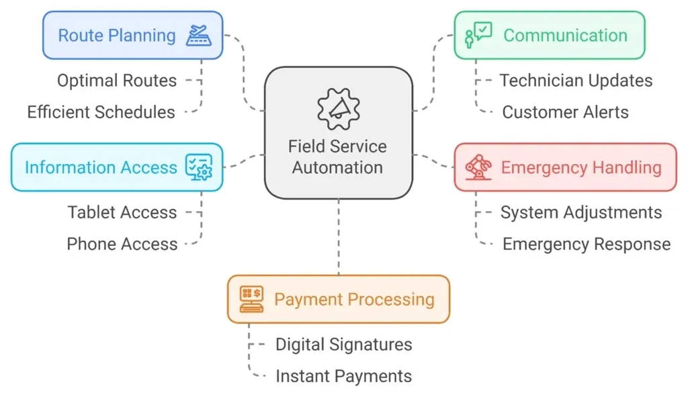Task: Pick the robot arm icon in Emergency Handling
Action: point(478,167)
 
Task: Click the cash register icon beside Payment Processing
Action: point(251,299)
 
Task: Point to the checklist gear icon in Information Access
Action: point(199,167)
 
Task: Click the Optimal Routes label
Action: point(117,81)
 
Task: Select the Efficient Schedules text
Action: point(101,112)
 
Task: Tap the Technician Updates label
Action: point(576,81)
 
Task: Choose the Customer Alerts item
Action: point(565,112)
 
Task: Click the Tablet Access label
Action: point(122,212)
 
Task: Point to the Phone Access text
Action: point(122,244)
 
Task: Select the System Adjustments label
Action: point(580,212)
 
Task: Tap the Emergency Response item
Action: point(586,244)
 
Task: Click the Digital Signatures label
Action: point(343,345)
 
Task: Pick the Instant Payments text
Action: point(343,376)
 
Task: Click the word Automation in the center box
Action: point(338,167)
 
